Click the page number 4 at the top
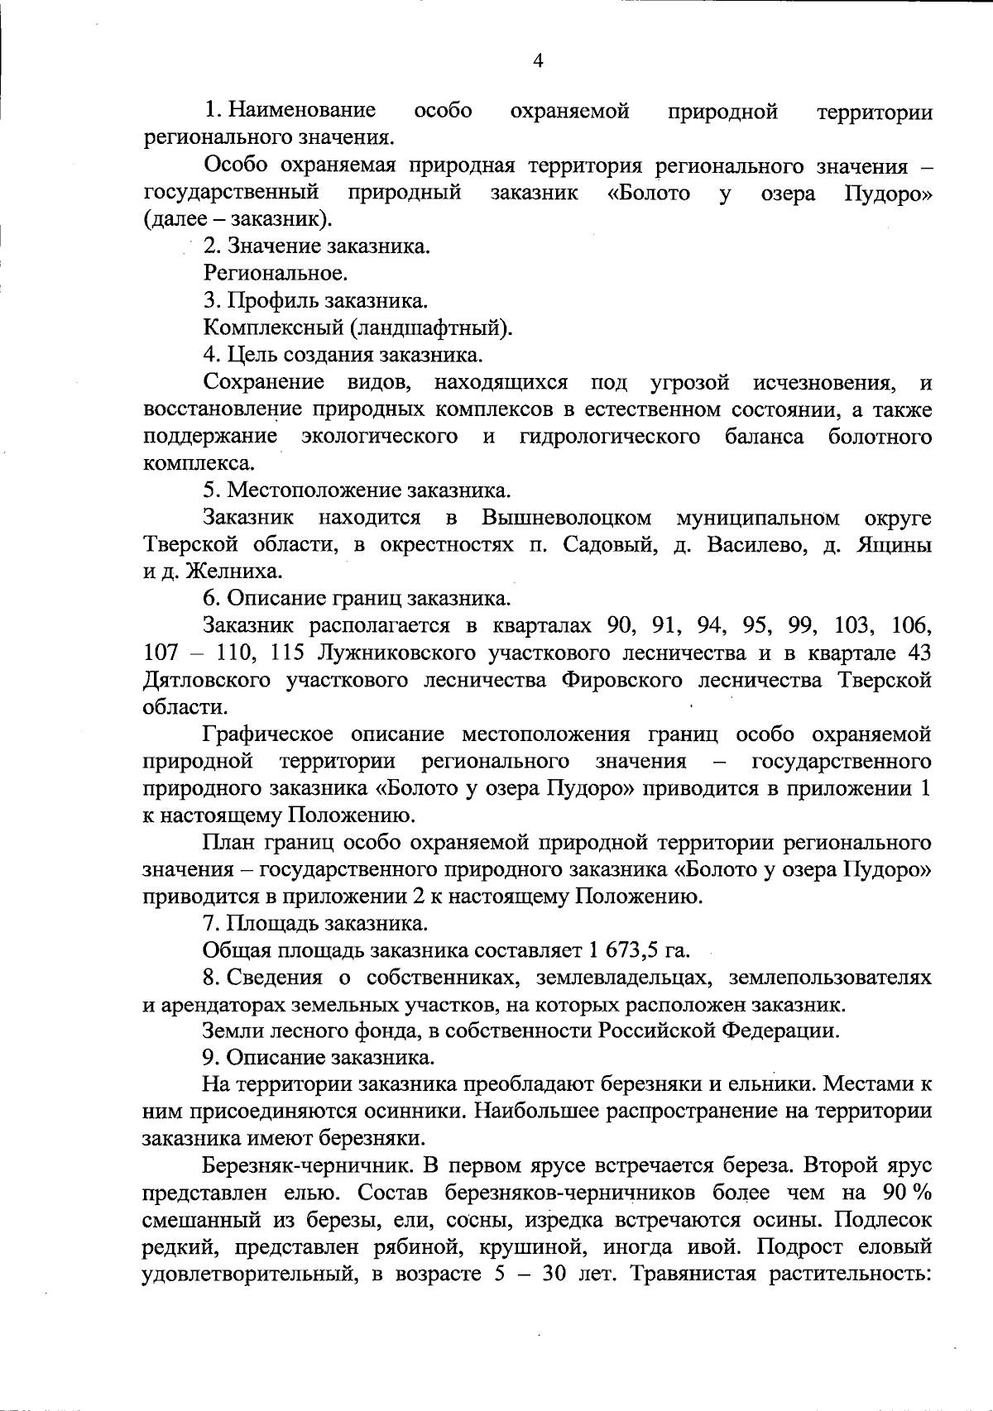pyautogui.click(x=539, y=60)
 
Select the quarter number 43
pyautogui.click(x=918, y=653)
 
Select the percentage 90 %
pyautogui.click(x=908, y=1193)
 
